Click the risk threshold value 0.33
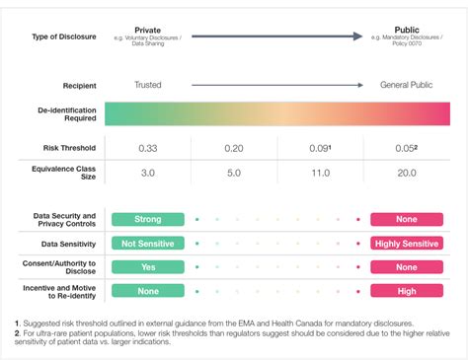148,148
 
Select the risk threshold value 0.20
234,148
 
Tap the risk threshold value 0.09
320,148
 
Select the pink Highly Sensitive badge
406,243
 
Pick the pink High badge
406,290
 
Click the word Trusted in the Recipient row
148,85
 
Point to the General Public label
407,85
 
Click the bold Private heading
148,31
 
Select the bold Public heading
407,31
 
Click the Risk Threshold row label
64,148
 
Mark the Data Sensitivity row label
64,243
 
